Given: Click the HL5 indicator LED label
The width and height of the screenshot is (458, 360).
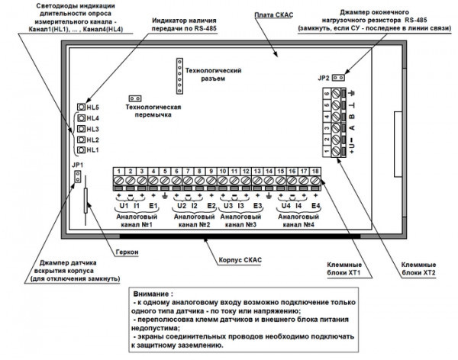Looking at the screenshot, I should tap(93, 108).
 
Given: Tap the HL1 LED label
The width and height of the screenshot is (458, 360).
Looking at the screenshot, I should tap(93, 150).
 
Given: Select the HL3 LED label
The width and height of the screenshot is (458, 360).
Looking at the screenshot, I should tap(93, 129).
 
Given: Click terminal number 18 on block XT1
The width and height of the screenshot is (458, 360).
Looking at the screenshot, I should tap(314, 169).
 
